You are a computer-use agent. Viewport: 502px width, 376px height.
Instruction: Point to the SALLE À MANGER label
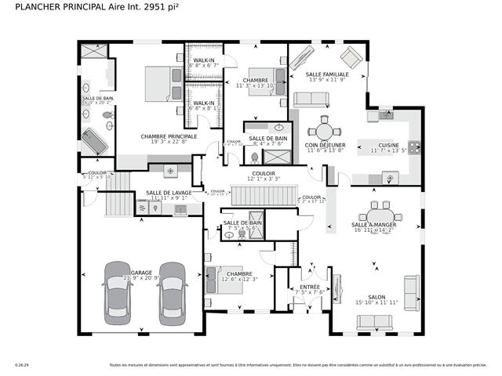[x=374, y=225]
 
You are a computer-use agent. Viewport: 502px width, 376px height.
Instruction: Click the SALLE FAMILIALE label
[x=327, y=74]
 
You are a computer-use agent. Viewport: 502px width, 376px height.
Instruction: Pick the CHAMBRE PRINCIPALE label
[x=169, y=136]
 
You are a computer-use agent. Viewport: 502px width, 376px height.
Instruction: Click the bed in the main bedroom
[x=164, y=82]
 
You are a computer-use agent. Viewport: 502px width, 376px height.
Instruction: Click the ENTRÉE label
[x=310, y=287]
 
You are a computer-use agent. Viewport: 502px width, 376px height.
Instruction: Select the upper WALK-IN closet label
[x=204, y=60]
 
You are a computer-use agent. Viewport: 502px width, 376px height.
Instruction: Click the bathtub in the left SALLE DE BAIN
[x=93, y=142]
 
